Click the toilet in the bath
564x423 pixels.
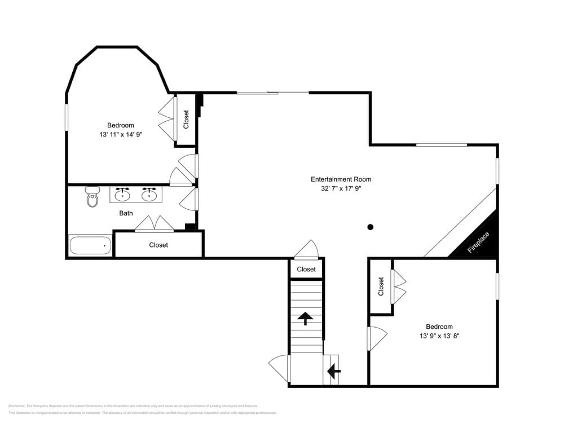click(x=91, y=197)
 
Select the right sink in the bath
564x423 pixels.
click(x=149, y=195)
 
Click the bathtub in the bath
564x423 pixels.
click(x=90, y=246)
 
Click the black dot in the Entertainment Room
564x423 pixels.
click(x=371, y=227)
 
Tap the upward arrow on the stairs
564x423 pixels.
click(x=305, y=319)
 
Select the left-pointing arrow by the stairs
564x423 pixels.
click(x=334, y=371)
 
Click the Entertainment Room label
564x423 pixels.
click(x=341, y=179)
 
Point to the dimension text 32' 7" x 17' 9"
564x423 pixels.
click(x=341, y=189)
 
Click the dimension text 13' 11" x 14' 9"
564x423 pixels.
click(x=121, y=135)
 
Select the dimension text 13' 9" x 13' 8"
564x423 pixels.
click(x=439, y=336)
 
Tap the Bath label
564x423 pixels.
click(x=126, y=213)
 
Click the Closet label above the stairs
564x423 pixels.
click(x=306, y=269)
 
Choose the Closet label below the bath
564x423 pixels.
click(x=158, y=245)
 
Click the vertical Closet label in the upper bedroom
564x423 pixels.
click(x=186, y=119)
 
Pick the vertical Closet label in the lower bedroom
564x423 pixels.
click(x=381, y=286)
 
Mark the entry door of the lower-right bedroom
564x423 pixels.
click(x=376, y=338)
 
